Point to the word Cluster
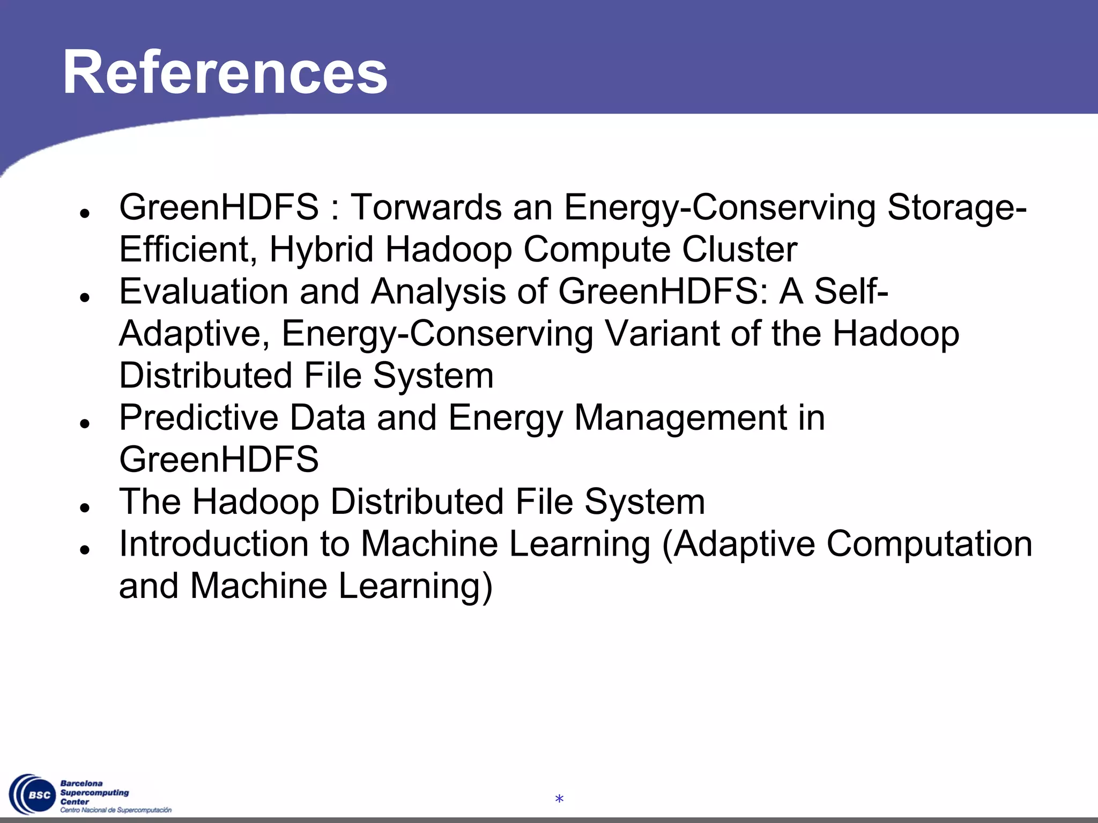(739, 249)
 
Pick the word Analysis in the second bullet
(439, 291)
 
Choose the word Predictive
(198, 417)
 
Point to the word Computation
(929, 544)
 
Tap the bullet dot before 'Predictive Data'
(84, 423)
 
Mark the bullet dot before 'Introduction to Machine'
(84, 550)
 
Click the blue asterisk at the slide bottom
(559, 800)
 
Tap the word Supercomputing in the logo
(94, 792)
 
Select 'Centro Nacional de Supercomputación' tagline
(116, 810)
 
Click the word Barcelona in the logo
(81, 783)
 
